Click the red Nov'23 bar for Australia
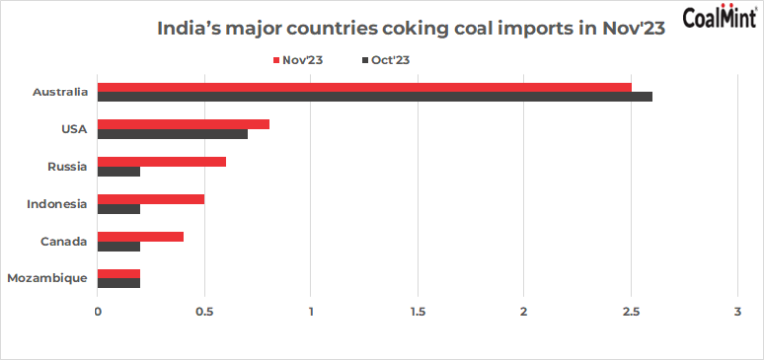coord(364,88)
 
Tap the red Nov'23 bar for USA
coord(184,124)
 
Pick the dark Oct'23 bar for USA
coord(173,134)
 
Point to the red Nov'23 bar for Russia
coord(162,162)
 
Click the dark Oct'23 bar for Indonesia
coord(119,209)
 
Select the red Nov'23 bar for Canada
coord(141,237)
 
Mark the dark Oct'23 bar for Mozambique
coord(119,283)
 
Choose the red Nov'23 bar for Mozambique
coord(119,273)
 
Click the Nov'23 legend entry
coord(297,60)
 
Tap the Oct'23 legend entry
coord(387,60)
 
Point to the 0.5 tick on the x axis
coord(205,312)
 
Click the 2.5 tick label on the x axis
coord(631,312)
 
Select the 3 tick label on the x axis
coord(738,312)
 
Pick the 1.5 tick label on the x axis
coord(418,312)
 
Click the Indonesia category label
coord(57,204)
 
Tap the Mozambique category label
coord(48,279)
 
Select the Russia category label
coord(68,167)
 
